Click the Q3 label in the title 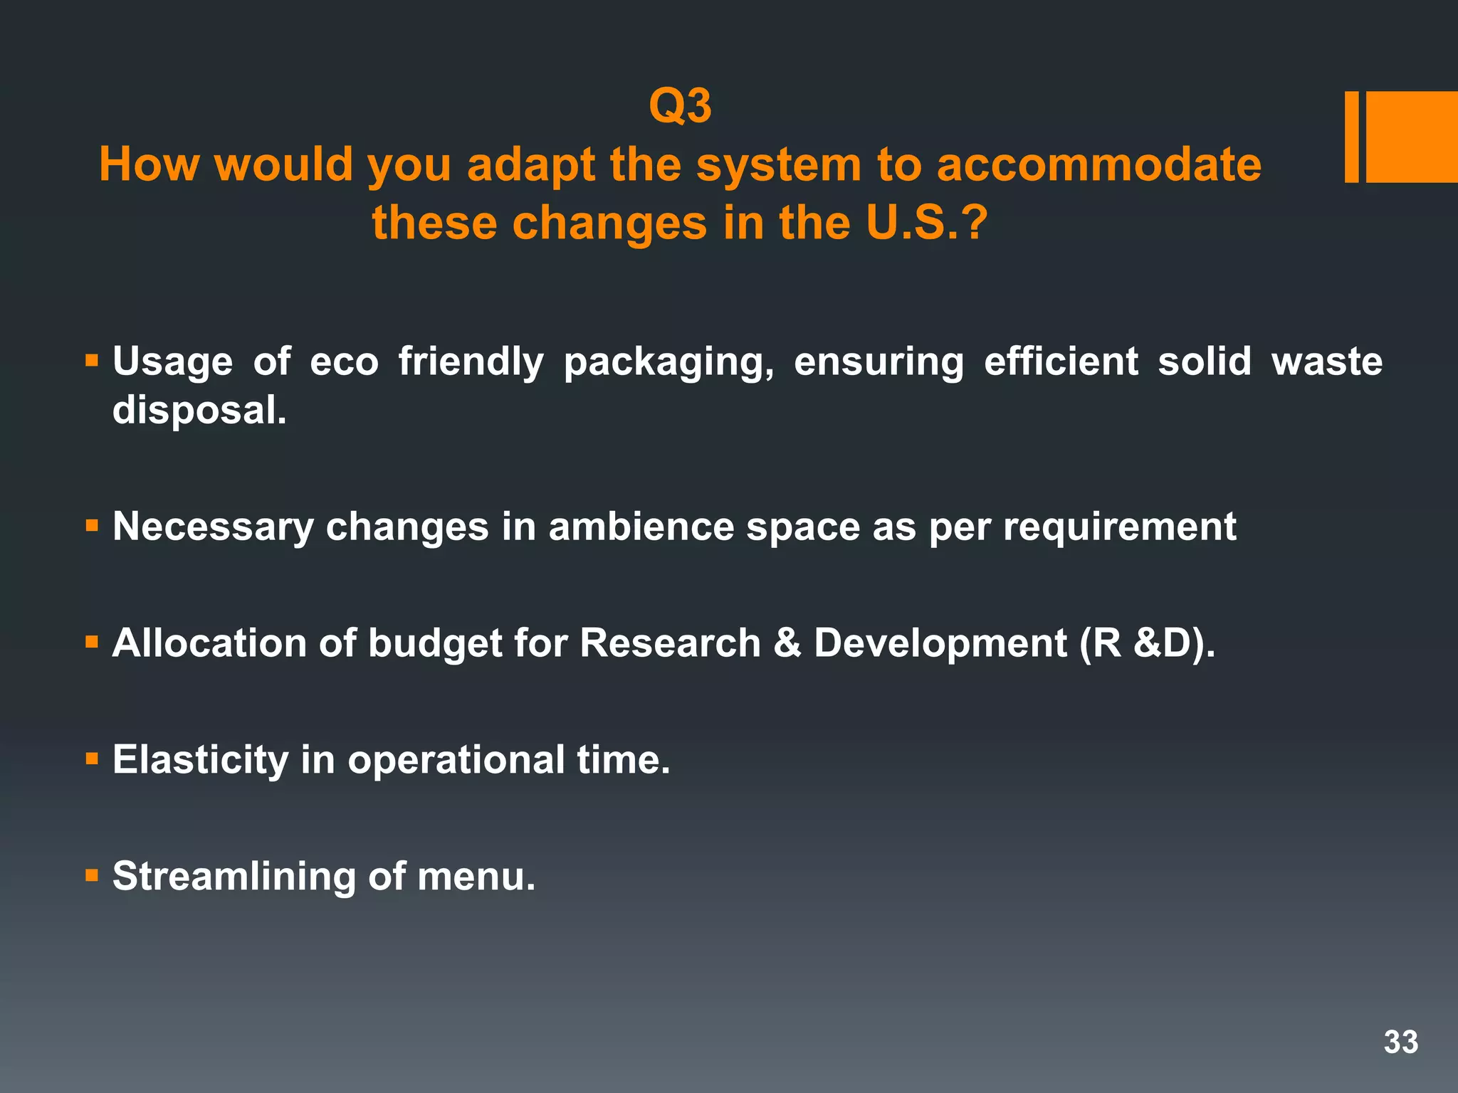coord(680,107)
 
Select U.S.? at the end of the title coord(927,223)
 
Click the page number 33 coord(1400,1042)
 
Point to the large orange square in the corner coord(1412,137)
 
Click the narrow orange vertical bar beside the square coord(1351,137)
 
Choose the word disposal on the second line coord(199,411)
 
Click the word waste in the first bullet coord(1326,361)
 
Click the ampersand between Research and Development coord(787,643)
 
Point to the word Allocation coord(209,643)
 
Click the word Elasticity coord(200,760)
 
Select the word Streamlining coord(234,877)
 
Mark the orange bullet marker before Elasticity coord(91,759)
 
